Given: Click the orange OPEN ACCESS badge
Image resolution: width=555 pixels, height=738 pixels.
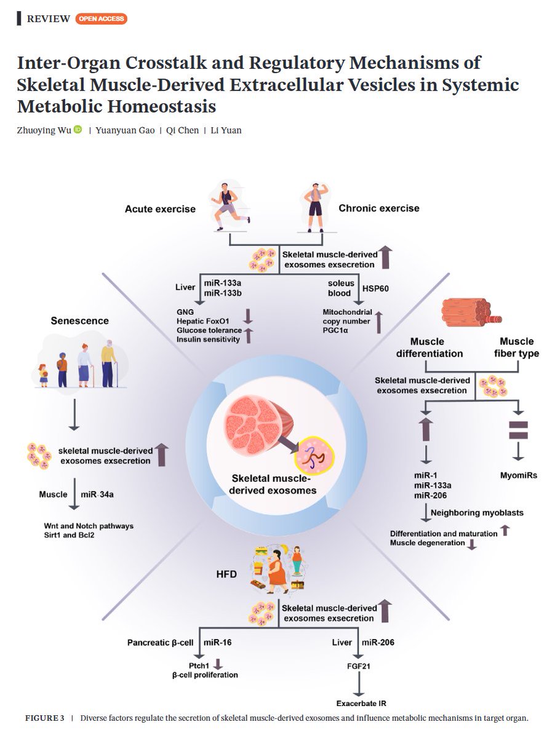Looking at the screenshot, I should pos(101,18).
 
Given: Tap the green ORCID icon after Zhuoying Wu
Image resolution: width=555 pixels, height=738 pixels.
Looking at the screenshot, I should pos(78,130).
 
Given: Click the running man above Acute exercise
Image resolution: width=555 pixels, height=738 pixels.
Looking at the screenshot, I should pos(230,206).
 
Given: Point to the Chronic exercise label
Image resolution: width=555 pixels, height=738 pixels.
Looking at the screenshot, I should pos(379,208).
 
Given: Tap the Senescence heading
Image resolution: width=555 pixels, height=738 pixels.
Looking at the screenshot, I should pos(80,320).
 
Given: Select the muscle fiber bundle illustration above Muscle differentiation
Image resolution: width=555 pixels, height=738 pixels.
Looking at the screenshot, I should pos(471,312).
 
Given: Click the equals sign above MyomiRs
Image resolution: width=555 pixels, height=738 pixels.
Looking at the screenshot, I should pos(519,430).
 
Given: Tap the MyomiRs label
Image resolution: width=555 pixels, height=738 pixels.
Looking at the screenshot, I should pos(519,475).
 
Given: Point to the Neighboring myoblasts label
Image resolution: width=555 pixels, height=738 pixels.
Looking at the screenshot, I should pos(471,512).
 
